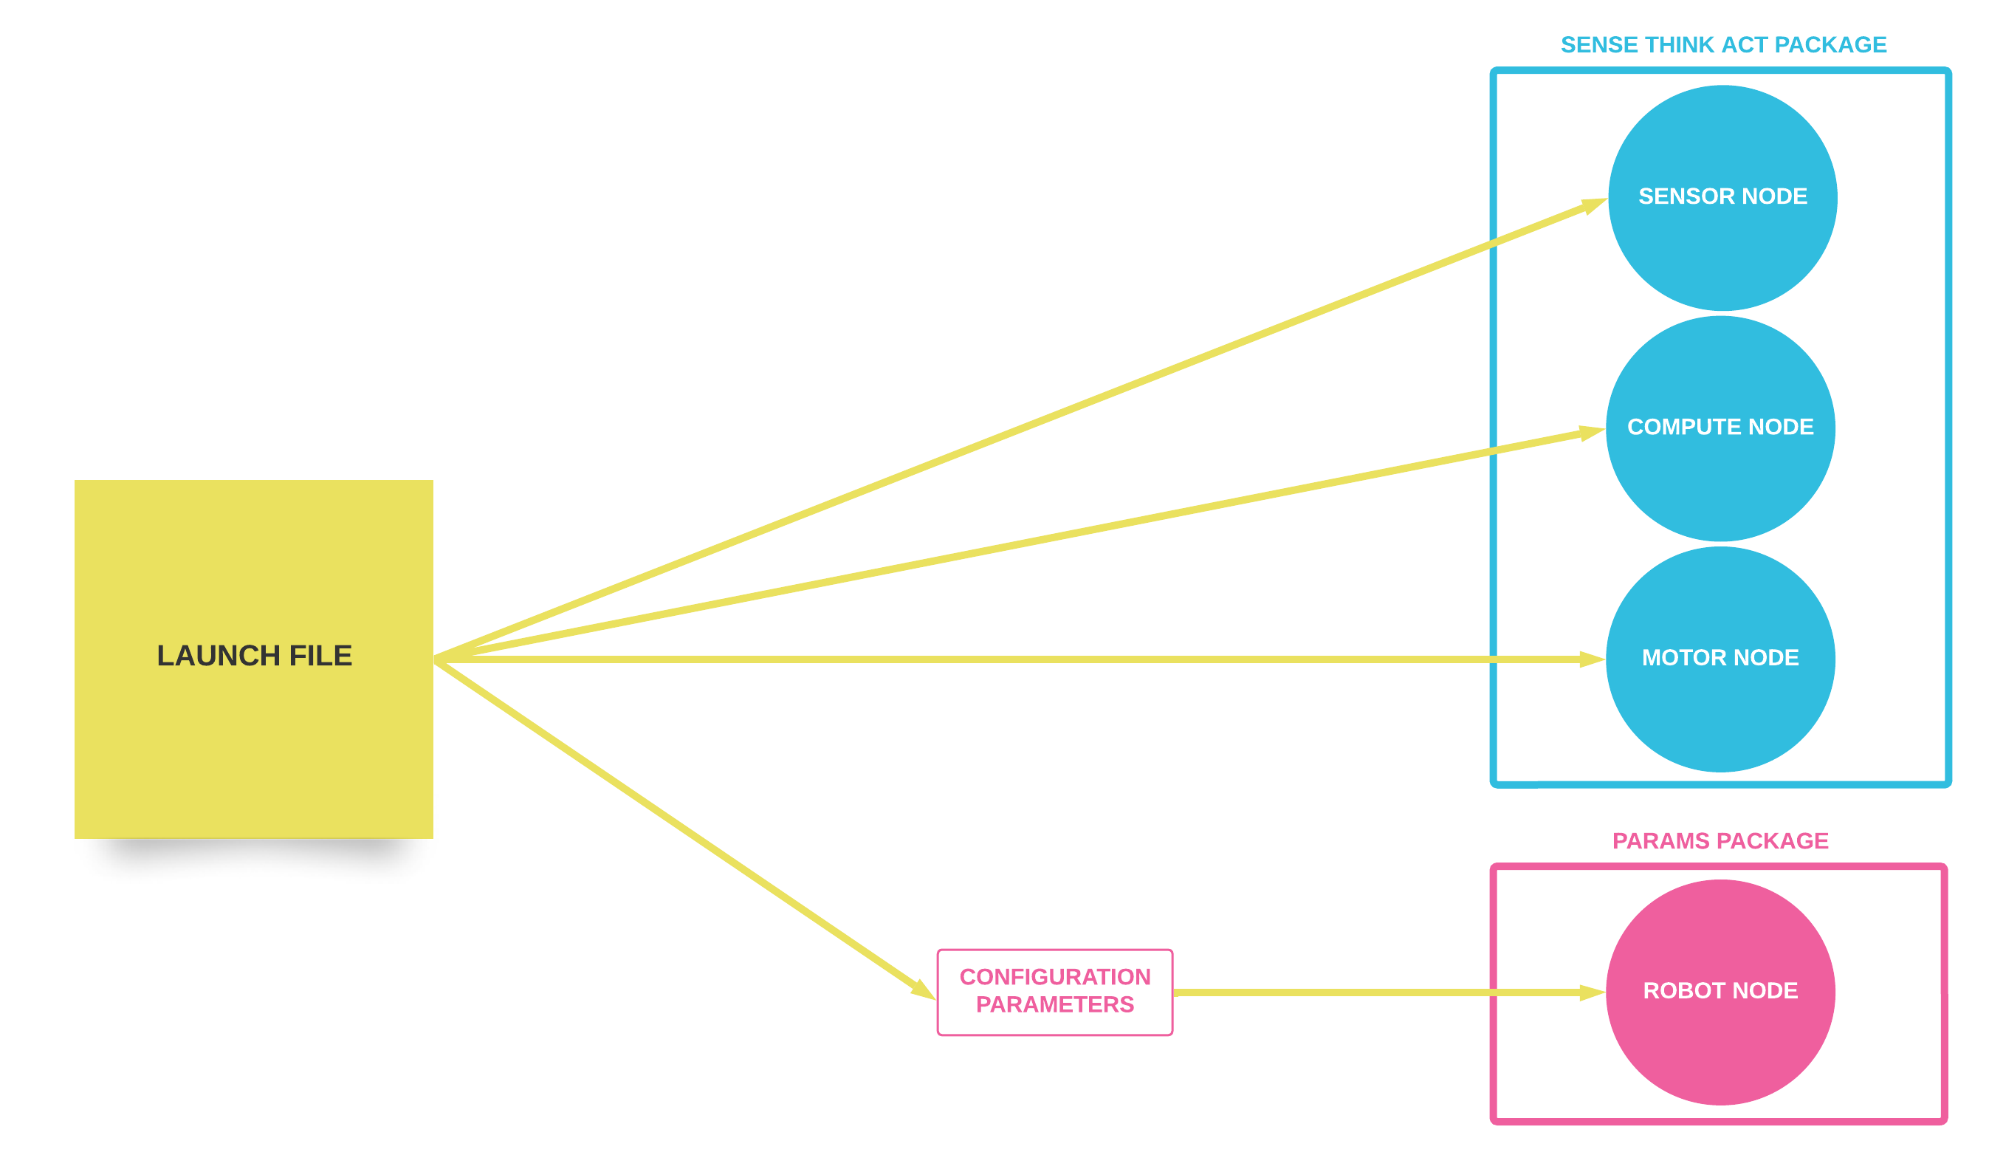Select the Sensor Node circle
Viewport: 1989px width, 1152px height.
click(x=1722, y=253)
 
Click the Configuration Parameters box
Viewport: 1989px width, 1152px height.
click(x=1054, y=992)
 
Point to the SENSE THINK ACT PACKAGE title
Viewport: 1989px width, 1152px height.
click(x=1723, y=45)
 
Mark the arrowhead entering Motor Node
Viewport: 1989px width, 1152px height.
click(x=1591, y=659)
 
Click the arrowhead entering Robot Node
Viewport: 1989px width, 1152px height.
click(x=1591, y=992)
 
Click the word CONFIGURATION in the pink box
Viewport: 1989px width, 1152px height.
click(x=1054, y=978)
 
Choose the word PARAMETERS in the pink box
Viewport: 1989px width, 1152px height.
click(x=1054, y=1005)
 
